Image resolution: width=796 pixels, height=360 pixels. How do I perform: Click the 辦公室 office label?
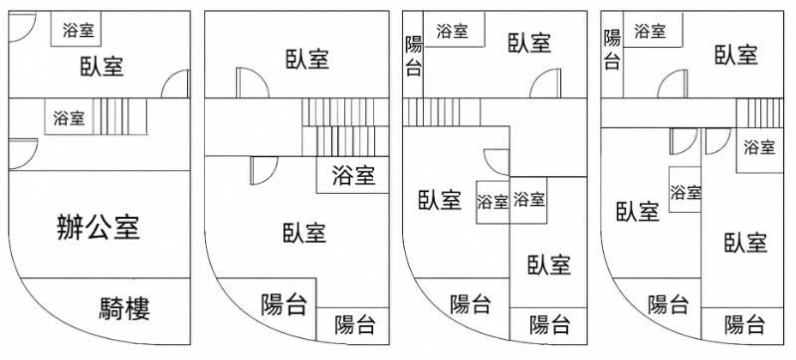(x=98, y=227)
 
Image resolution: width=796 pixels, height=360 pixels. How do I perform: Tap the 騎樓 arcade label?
(x=124, y=307)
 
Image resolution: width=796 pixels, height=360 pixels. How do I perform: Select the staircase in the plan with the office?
(x=120, y=116)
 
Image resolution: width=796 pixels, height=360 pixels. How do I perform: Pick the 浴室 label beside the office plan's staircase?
(x=69, y=117)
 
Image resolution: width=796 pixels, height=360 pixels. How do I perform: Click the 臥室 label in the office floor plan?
(x=101, y=66)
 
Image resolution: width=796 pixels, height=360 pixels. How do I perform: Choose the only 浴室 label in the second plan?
(x=353, y=175)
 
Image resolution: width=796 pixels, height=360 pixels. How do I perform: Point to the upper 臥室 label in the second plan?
(x=307, y=59)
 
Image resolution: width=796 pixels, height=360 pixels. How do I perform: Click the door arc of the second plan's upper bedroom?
(x=253, y=83)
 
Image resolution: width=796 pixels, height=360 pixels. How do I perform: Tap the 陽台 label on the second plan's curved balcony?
(x=284, y=304)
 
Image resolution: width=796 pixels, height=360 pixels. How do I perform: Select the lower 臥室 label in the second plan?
(x=304, y=233)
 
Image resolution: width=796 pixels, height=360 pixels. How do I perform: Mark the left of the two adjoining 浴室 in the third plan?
(x=493, y=202)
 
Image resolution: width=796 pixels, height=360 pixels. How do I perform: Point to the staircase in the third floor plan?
(x=441, y=112)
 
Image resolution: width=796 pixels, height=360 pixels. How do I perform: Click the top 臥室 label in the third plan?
(x=529, y=43)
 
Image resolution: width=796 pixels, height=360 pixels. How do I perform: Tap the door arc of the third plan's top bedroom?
(x=544, y=84)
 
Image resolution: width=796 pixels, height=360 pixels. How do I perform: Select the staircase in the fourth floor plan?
(x=759, y=112)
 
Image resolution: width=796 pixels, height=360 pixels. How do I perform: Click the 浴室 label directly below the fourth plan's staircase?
(x=759, y=147)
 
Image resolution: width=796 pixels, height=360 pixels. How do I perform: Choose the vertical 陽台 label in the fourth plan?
(x=612, y=49)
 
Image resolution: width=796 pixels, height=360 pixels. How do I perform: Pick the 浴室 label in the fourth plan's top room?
(x=650, y=31)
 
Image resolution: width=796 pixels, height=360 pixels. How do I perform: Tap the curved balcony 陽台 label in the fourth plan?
(x=668, y=304)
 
